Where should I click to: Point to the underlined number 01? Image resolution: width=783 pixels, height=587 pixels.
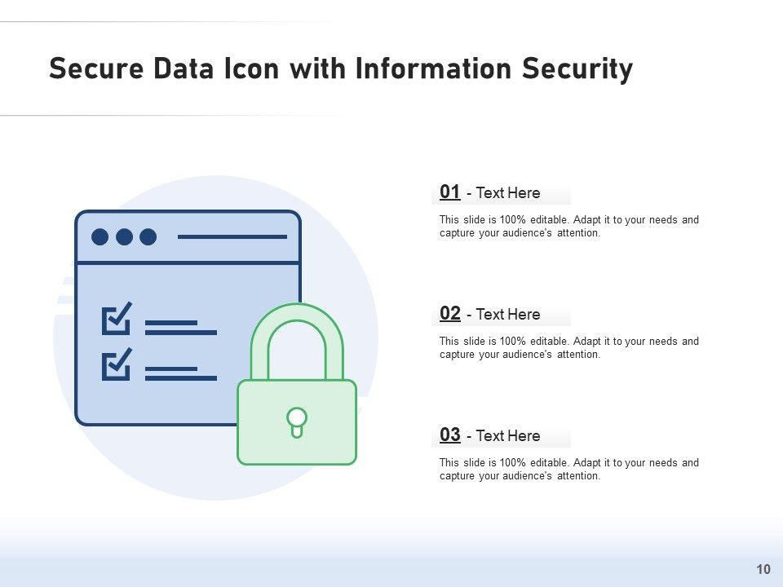click(x=450, y=192)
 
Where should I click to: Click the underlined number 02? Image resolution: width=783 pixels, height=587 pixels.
click(x=450, y=313)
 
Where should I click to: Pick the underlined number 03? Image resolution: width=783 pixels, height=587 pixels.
click(x=450, y=435)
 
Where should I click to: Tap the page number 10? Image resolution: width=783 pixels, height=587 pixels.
click(x=763, y=568)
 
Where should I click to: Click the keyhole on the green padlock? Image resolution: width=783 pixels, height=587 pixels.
click(x=297, y=421)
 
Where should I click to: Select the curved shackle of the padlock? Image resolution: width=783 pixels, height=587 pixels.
click(x=297, y=326)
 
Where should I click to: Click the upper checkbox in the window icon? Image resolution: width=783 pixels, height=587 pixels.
click(x=117, y=320)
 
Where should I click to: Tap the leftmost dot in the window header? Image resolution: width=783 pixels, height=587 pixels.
click(x=100, y=236)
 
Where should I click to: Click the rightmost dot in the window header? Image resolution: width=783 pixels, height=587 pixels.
click(x=148, y=236)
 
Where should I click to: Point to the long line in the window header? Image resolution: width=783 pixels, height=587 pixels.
click(x=232, y=236)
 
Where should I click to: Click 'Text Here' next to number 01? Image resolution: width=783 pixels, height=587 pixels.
click(x=507, y=193)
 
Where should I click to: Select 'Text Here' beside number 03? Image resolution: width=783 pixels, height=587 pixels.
click(x=507, y=436)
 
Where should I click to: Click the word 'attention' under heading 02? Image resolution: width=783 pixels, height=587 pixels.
click(x=578, y=355)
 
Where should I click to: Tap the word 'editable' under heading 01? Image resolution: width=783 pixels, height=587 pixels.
click(x=549, y=220)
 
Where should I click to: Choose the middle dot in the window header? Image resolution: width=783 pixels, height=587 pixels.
click(x=124, y=236)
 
